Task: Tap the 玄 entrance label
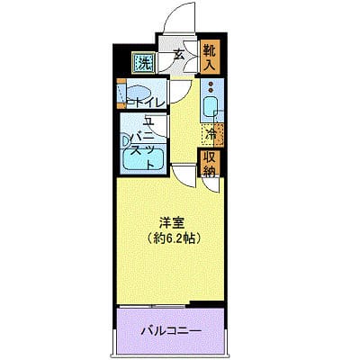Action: pos(178,56)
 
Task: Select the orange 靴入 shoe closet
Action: pos(209,57)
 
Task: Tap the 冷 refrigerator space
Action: pos(210,135)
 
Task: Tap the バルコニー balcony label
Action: pos(171,330)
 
